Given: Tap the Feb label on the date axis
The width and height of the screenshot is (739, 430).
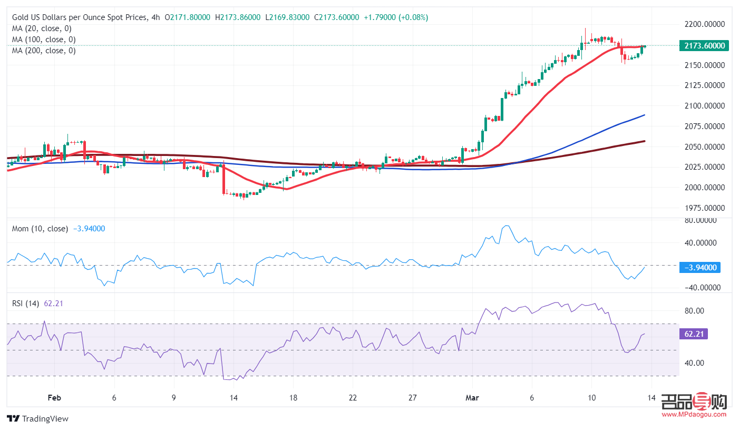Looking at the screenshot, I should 54,398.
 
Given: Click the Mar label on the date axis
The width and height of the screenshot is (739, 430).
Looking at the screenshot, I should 472,398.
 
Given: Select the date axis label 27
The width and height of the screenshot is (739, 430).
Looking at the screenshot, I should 413,398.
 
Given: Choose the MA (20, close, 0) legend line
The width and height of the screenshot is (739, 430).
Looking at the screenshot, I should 42,28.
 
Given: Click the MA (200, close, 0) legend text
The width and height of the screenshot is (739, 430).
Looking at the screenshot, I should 44,51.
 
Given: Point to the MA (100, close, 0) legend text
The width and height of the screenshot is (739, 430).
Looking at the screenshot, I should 44,40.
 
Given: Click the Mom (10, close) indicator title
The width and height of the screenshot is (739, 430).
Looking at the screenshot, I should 41,229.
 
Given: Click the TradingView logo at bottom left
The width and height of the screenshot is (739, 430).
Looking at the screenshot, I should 38,419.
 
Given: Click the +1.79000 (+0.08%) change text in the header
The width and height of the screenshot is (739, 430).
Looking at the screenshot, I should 396,17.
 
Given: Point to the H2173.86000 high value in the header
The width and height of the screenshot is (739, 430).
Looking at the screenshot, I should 238,17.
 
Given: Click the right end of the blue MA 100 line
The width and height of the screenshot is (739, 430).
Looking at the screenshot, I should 644,115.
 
